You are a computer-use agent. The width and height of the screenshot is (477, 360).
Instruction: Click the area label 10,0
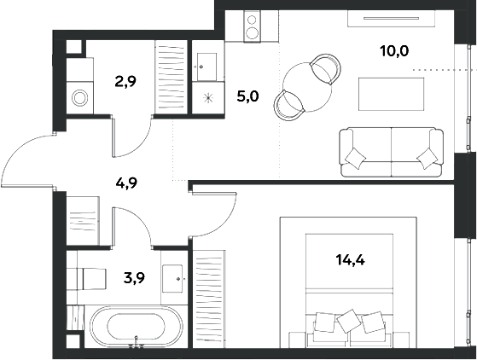[394, 51]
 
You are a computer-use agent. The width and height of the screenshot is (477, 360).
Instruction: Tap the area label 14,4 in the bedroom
[350, 260]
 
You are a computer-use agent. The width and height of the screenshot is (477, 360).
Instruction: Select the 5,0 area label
[247, 97]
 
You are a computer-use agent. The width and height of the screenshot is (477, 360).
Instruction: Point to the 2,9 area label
[125, 82]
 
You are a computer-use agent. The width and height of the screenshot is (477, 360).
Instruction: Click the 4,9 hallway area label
[127, 183]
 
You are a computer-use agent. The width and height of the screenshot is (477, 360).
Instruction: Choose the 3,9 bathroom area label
[134, 277]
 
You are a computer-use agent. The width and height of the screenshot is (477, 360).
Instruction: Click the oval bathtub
[137, 326]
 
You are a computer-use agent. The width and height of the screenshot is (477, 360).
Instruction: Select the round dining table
[307, 87]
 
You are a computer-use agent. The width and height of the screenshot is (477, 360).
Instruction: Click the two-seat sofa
[391, 152]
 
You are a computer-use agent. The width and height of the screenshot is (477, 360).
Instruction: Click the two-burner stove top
[252, 26]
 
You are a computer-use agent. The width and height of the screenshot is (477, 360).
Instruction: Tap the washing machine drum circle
[80, 98]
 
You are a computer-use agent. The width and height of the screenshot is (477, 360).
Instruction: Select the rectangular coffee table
[391, 94]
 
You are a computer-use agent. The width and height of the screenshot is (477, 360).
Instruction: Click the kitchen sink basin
[207, 67]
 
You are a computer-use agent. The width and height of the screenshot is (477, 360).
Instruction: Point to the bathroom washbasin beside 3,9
[172, 278]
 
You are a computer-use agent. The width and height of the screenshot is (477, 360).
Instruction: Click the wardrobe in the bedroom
[209, 299]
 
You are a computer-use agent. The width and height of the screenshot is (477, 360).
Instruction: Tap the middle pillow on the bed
[350, 321]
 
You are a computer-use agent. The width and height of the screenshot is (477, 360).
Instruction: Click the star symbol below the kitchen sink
[208, 98]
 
